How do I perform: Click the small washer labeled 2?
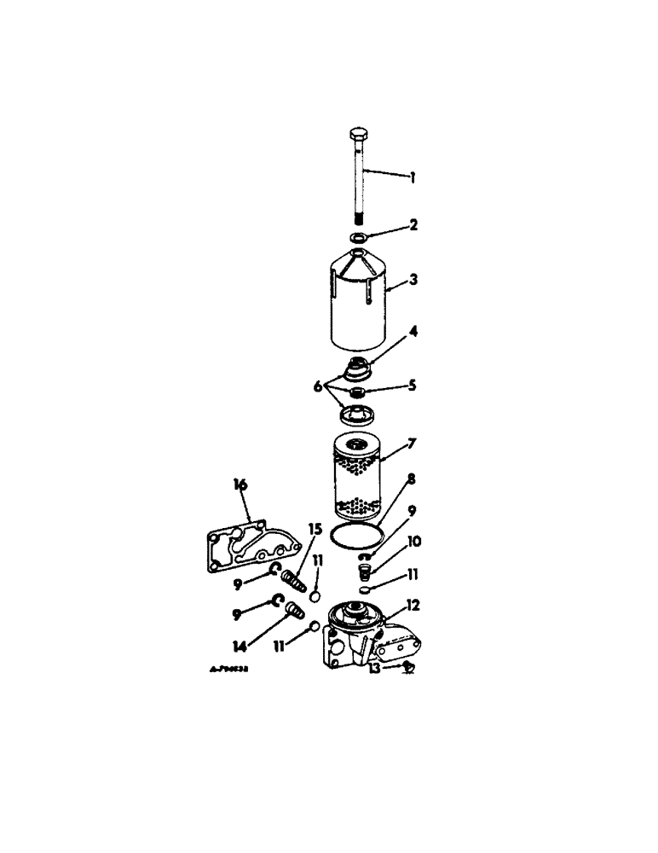coord(359,238)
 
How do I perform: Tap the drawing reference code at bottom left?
coord(229,671)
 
